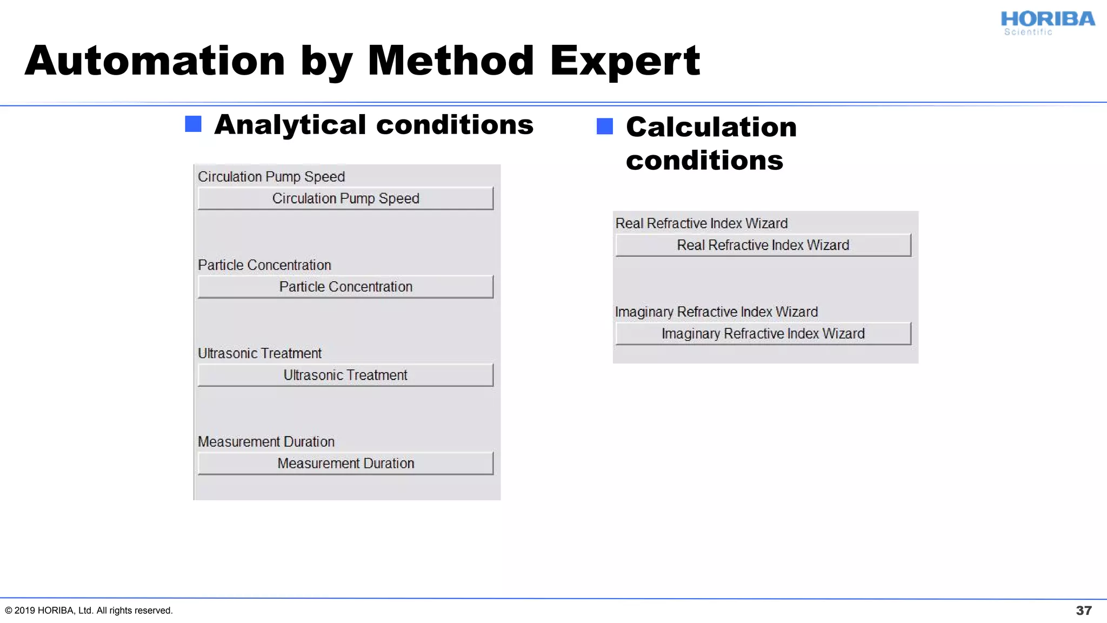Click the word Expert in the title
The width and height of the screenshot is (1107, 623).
pos(625,61)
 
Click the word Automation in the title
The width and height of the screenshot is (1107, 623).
pos(155,61)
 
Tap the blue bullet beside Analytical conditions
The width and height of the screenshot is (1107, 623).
pos(193,124)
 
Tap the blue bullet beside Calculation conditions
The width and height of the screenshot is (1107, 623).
pos(604,127)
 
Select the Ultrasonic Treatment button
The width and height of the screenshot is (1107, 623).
pos(345,375)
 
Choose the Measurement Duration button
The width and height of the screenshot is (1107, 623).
pos(345,463)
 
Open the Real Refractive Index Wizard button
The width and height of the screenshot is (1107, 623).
pos(763,246)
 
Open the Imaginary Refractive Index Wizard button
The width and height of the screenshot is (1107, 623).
pos(763,334)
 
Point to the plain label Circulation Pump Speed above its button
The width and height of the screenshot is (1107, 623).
pos(271,177)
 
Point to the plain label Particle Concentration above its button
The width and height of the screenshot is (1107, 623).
pos(264,265)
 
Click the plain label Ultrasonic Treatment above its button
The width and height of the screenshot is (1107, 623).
pos(259,354)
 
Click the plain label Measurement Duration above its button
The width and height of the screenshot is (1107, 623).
pos(266,442)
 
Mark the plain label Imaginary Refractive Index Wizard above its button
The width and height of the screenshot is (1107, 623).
pos(716,312)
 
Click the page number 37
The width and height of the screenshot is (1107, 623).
pos(1083,611)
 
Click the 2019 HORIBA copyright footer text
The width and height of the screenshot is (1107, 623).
pos(89,611)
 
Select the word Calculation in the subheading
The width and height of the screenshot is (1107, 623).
pos(711,128)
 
